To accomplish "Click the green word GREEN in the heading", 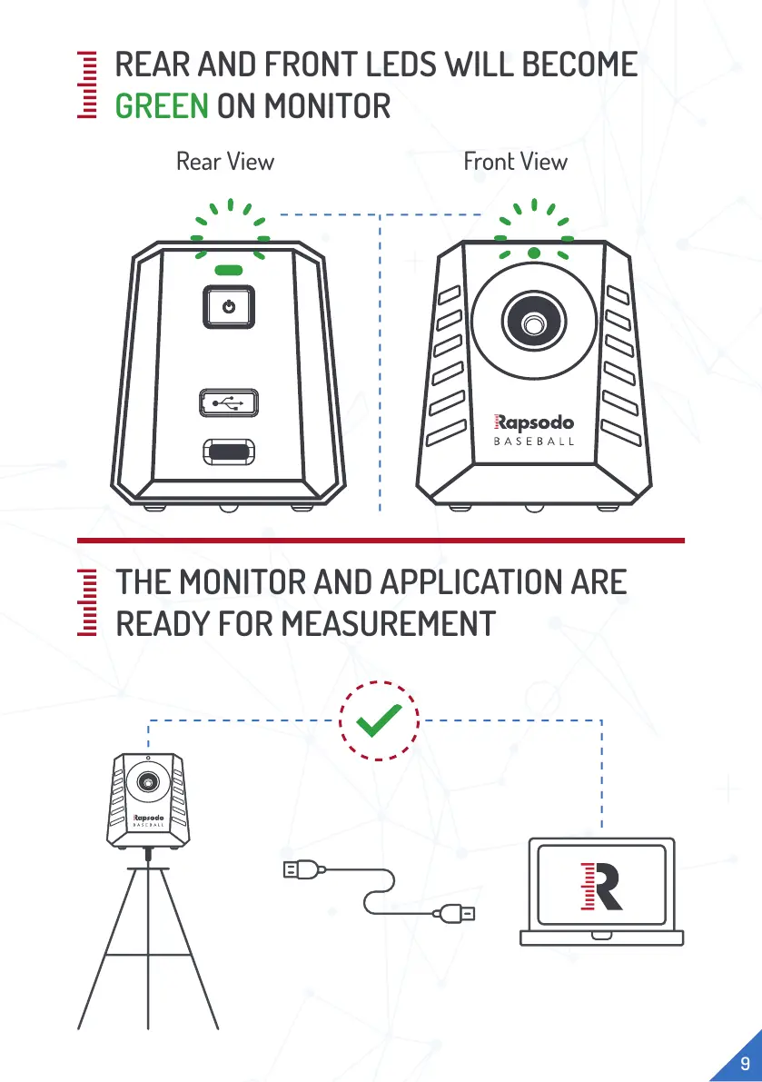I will coord(162,107).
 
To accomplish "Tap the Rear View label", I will coord(225,162).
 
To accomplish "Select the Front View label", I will coord(515,162).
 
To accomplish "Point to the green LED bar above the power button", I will coord(228,271).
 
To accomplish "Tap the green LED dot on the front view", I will coord(534,253).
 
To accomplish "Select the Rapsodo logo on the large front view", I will coord(534,422).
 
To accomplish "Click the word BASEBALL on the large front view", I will coord(534,443).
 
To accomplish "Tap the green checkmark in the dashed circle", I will coord(380,723).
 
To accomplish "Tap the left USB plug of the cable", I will coord(301,870).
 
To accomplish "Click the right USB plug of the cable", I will coord(455,913).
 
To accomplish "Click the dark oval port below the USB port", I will coord(228,452).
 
